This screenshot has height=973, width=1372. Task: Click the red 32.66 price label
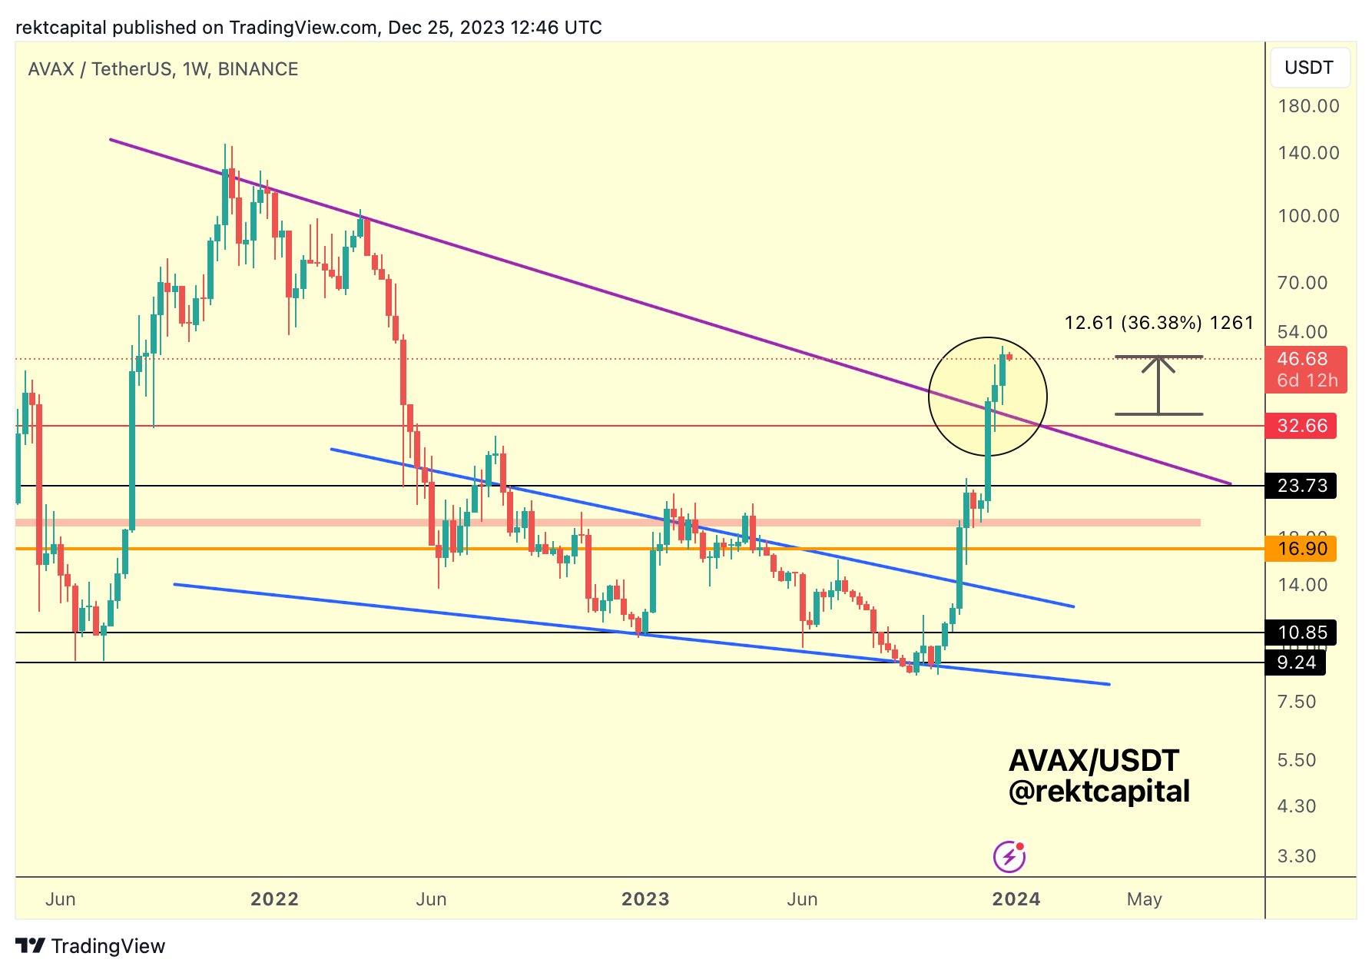click(1302, 426)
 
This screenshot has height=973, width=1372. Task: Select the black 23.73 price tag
click(1302, 486)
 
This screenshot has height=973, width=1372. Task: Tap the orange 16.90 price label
click(1302, 549)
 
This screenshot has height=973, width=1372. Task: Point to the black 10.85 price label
click(1302, 633)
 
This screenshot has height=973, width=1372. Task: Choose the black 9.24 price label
click(1296, 663)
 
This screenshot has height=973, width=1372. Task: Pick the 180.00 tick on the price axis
click(1308, 106)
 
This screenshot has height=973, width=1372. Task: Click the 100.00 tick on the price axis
click(1308, 216)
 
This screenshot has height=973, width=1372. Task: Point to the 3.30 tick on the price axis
click(1297, 856)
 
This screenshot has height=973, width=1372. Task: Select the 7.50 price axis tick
click(1297, 702)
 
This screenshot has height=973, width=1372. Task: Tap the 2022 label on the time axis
click(274, 899)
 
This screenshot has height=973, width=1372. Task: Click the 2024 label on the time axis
click(1016, 899)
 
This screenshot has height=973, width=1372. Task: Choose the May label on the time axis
click(1144, 899)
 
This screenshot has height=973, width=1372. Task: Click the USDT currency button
click(1309, 68)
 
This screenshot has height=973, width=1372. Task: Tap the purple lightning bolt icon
click(1009, 856)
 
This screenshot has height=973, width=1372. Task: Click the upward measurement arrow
click(1158, 385)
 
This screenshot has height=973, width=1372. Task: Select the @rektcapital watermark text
click(1099, 792)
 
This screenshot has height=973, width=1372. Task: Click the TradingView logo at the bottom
click(91, 946)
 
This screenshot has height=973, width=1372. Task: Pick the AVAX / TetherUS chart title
click(163, 69)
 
